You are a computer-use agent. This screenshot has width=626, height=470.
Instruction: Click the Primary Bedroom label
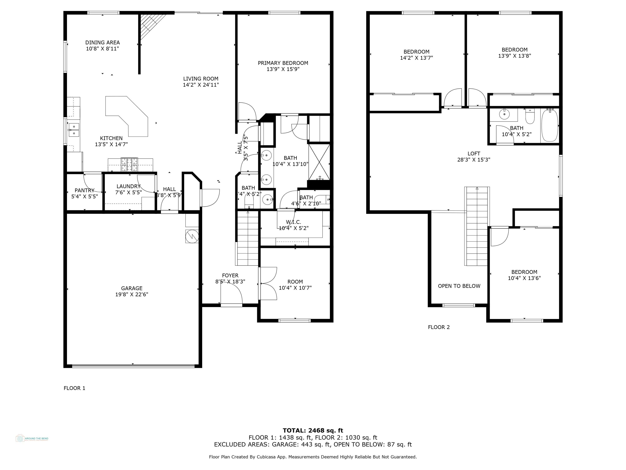coord(283,63)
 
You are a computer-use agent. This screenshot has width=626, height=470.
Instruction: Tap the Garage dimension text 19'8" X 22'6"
coord(132,294)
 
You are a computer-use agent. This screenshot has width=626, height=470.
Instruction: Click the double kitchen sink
coord(74,130)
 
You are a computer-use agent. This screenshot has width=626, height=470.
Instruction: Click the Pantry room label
coord(84,190)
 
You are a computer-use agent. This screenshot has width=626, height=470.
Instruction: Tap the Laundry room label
coord(129,186)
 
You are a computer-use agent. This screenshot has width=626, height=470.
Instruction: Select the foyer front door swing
coord(231,293)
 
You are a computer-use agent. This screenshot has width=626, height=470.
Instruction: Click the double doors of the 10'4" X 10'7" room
coord(268,283)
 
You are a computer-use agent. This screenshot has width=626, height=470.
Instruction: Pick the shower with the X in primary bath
coord(319,162)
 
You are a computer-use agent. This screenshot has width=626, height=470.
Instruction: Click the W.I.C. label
coord(293,222)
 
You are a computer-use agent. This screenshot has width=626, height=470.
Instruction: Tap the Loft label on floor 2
coord(473,154)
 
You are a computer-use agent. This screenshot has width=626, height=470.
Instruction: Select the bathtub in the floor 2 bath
coord(550,126)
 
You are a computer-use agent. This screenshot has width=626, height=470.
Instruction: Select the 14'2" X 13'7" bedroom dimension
coord(416,58)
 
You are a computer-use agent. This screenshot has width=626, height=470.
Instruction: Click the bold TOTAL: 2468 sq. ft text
coord(313,431)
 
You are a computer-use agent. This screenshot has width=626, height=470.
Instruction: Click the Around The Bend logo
coord(32,438)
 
